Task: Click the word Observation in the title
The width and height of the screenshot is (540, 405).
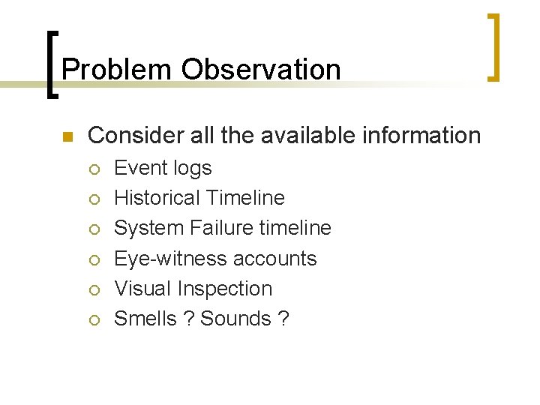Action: [x=260, y=70]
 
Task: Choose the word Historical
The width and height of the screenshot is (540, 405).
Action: [x=156, y=198]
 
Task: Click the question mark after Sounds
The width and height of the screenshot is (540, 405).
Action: [x=283, y=319]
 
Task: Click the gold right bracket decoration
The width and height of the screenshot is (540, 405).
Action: [x=494, y=46]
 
